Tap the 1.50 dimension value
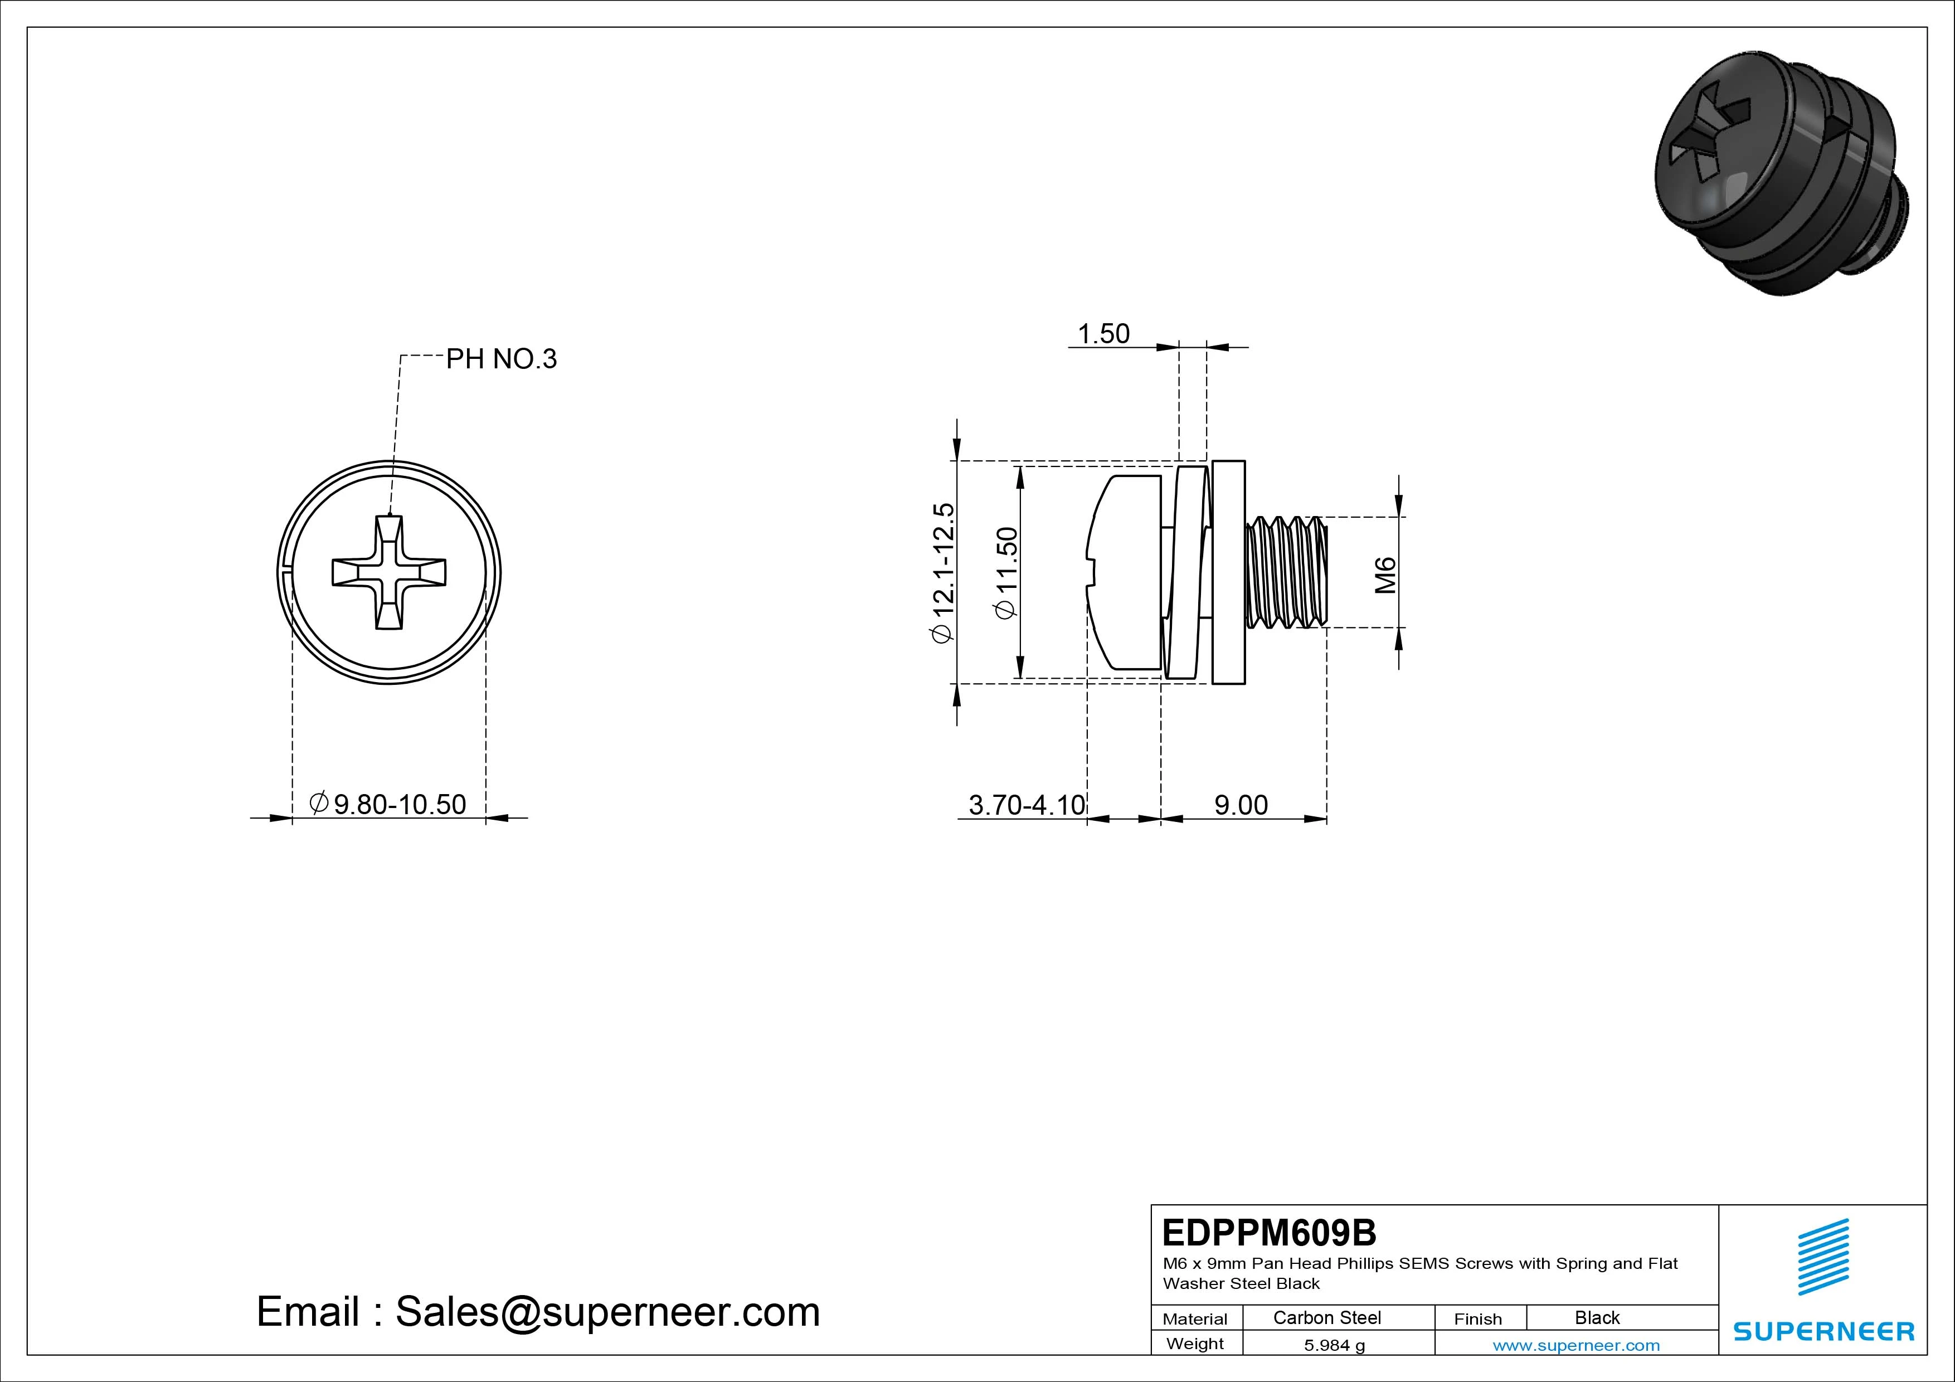point(1103,334)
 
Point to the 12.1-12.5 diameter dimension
point(944,572)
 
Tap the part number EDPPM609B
point(1269,1232)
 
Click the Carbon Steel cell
point(1326,1317)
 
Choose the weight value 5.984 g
point(1334,1345)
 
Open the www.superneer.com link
point(1576,1345)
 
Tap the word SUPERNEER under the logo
point(1824,1331)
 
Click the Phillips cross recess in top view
point(389,572)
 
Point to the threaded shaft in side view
point(1286,572)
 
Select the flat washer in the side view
point(1228,572)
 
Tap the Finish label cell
point(1478,1318)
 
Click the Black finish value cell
point(1597,1317)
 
